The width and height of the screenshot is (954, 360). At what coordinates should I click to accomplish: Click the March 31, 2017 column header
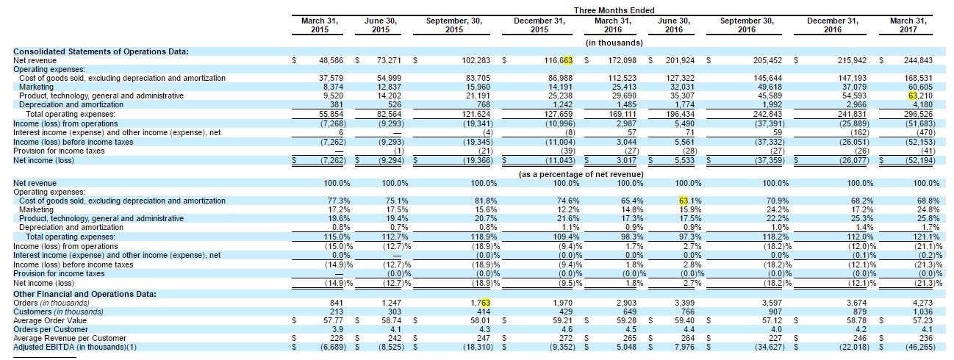tap(908, 25)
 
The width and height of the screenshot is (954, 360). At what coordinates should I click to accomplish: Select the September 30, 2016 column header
tap(747, 25)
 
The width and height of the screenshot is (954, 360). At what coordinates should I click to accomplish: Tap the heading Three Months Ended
tap(614, 10)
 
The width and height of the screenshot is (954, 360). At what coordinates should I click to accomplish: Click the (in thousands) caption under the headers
tap(614, 43)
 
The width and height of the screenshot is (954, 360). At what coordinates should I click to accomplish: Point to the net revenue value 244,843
tap(918, 60)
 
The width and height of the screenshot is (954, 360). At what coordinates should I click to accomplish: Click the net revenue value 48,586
tap(331, 60)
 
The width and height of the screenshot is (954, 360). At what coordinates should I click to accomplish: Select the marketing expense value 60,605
tap(920, 87)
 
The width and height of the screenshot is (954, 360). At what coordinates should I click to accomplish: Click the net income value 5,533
tap(684, 160)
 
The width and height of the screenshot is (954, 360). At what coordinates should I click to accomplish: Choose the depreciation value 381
tap(337, 104)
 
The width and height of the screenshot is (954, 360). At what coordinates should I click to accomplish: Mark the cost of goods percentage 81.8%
tap(486, 201)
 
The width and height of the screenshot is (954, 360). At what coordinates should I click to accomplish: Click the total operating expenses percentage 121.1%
tap(928, 237)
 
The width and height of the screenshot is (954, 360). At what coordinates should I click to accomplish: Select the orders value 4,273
tap(922, 303)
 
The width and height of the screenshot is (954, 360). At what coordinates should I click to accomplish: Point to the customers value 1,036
tap(922, 312)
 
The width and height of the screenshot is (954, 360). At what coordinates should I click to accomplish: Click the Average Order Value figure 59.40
tap(684, 321)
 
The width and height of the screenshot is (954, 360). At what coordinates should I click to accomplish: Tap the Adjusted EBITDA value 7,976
tap(684, 348)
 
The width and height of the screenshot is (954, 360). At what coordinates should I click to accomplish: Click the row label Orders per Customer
tap(51, 330)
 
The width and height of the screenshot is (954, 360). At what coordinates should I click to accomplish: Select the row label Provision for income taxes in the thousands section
tap(59, 151)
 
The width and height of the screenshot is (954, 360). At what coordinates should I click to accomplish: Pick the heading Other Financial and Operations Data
tap(85, 294)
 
